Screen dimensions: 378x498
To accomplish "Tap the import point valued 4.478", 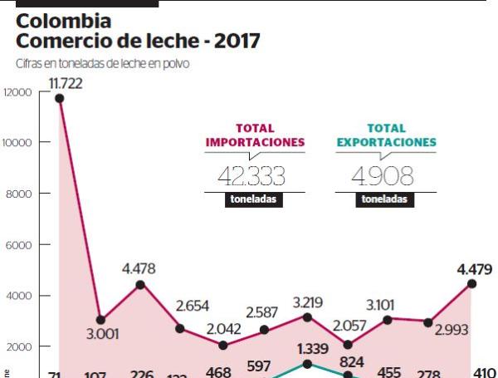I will pos(140,284).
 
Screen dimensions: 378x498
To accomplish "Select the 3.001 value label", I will pos(103,335).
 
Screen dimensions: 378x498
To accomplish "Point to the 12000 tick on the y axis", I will pos(17,91).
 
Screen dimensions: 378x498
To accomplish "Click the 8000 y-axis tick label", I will pos(19,194).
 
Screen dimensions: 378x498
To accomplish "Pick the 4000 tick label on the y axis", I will pos(19,296).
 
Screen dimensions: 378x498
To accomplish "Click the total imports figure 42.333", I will pos(251,175).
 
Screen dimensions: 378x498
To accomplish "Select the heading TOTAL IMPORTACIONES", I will pos(255,135).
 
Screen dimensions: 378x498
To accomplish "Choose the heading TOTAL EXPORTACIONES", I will pos(386,135).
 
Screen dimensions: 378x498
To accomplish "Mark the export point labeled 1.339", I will pos(306,364).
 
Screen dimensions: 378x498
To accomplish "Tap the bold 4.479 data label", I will pos(474,268).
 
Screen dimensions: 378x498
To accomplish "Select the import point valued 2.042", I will pos(222,345).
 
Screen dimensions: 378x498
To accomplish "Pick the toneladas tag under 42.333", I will pos(254,199).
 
